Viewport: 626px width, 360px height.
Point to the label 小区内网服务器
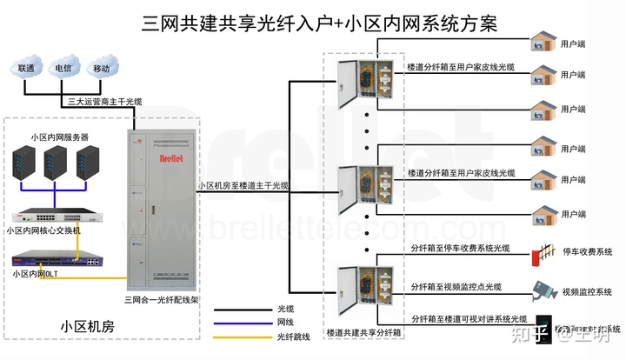[59, 137]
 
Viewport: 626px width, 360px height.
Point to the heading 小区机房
[87, 326]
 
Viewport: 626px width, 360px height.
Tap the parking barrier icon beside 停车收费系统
[545, 253]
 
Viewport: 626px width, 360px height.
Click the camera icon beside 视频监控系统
[544, 290]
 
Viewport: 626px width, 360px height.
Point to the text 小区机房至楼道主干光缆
[243, 185]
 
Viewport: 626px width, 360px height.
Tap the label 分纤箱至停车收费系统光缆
[460, 248]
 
